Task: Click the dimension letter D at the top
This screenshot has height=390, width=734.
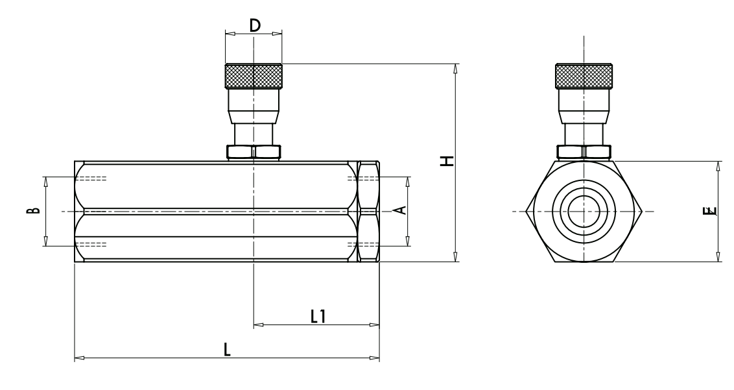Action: tap(254, 25)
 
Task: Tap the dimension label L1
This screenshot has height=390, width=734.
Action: tap(317, 316)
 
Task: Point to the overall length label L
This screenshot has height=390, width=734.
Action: tap(226, 350)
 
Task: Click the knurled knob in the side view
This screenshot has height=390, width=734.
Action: tap(254, 76)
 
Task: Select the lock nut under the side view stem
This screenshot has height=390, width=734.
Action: tap(254, 152)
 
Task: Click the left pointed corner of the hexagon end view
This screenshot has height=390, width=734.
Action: tap(526, 212)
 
